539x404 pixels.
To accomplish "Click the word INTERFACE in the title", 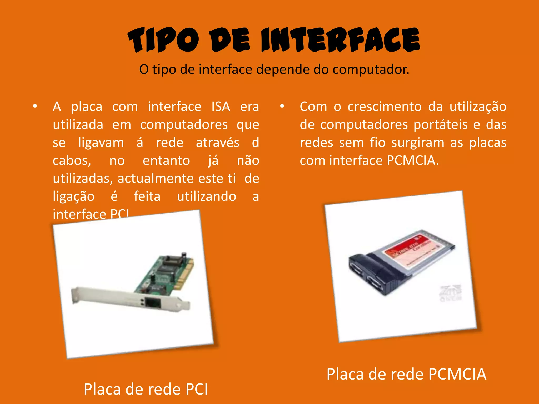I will click(340, 40).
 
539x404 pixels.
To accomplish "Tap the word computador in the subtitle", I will click(371, 69).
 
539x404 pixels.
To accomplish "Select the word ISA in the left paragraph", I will click(221, 107).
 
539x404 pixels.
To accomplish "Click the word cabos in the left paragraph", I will click(72, 161).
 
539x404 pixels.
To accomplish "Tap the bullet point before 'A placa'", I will click(35, 107).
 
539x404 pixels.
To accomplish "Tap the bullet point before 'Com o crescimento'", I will click(282, 107).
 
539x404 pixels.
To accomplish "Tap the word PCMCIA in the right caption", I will click(457, 374).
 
